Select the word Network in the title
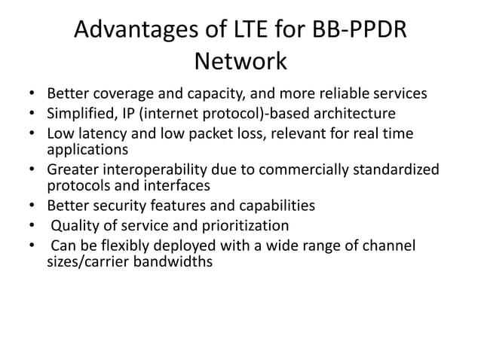[240, 60]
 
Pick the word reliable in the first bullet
[349, 95]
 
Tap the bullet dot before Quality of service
[30, 225]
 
